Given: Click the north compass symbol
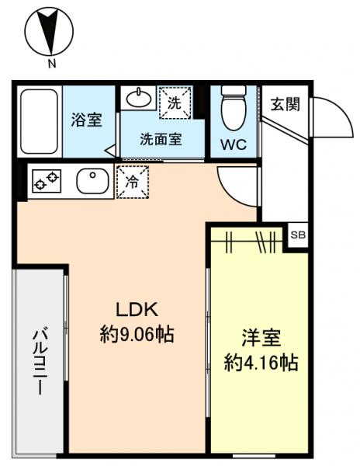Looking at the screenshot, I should (50, 32).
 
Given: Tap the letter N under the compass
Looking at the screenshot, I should (50, 65).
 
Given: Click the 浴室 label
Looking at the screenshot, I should (86, 120).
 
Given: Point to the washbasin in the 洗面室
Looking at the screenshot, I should (138, 99).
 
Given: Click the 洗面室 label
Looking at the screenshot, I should (161, 141).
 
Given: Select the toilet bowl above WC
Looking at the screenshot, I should (234, 106).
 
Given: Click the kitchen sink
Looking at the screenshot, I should (94, 182).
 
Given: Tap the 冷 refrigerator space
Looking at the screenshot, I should (131, 182).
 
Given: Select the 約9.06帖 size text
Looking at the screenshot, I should (137, 335).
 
